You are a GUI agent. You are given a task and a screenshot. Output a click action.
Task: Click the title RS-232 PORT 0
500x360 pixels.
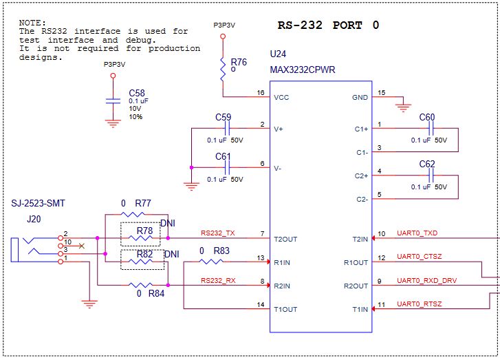point(328,25)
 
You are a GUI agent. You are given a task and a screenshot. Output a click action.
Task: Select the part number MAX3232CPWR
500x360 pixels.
point(303,70)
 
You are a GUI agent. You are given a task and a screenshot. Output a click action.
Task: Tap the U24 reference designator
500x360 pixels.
point(278,54)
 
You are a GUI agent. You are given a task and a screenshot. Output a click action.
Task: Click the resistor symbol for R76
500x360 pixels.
point(223,67)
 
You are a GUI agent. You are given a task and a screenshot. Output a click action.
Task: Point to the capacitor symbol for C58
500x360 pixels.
point(113,100)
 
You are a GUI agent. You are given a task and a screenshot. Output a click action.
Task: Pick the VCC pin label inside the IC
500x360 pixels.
point(281,98)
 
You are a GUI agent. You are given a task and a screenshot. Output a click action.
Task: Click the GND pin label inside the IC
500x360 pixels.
point(360,98)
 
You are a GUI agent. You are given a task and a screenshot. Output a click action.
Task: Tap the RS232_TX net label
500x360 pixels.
point(218,233)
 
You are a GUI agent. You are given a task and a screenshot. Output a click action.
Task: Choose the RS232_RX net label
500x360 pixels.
point(218,280)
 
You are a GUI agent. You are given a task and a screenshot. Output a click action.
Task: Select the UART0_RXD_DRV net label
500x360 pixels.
point(426,280)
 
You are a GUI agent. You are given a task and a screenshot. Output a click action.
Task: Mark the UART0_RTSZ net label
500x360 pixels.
point(420,304)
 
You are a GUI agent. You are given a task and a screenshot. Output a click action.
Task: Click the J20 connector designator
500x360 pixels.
point(34,220)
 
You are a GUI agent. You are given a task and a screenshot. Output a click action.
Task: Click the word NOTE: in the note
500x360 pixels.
point(33,23)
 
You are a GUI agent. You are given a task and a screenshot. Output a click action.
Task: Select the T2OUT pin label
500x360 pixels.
point(285,239)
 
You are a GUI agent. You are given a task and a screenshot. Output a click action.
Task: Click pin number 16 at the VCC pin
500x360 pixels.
point(260,92)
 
